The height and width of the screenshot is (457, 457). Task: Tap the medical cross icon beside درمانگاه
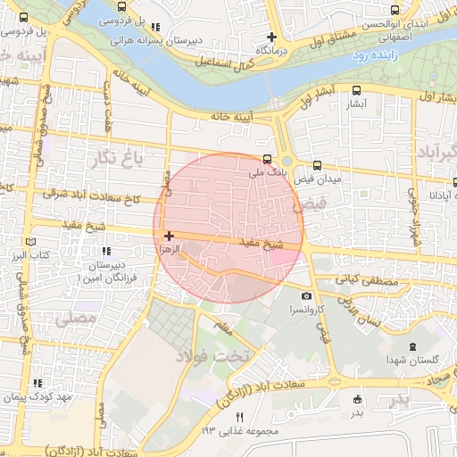(272, 37)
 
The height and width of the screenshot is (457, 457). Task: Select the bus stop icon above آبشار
(357, 90)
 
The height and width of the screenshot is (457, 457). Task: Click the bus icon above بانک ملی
(267, 156)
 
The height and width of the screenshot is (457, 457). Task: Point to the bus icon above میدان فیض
(318, 165)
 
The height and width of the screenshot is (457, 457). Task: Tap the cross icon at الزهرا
(169, 236)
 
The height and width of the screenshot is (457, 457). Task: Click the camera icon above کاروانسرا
(307, 295)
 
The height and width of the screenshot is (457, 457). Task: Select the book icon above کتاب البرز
(32, 241)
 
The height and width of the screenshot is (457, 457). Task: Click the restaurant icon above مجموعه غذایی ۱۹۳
(238, 417)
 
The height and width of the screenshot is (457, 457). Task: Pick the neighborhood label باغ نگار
(117, 160)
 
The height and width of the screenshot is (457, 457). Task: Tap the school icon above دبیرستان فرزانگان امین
(107, 252)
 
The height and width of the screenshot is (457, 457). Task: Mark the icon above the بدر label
(357, 399)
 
